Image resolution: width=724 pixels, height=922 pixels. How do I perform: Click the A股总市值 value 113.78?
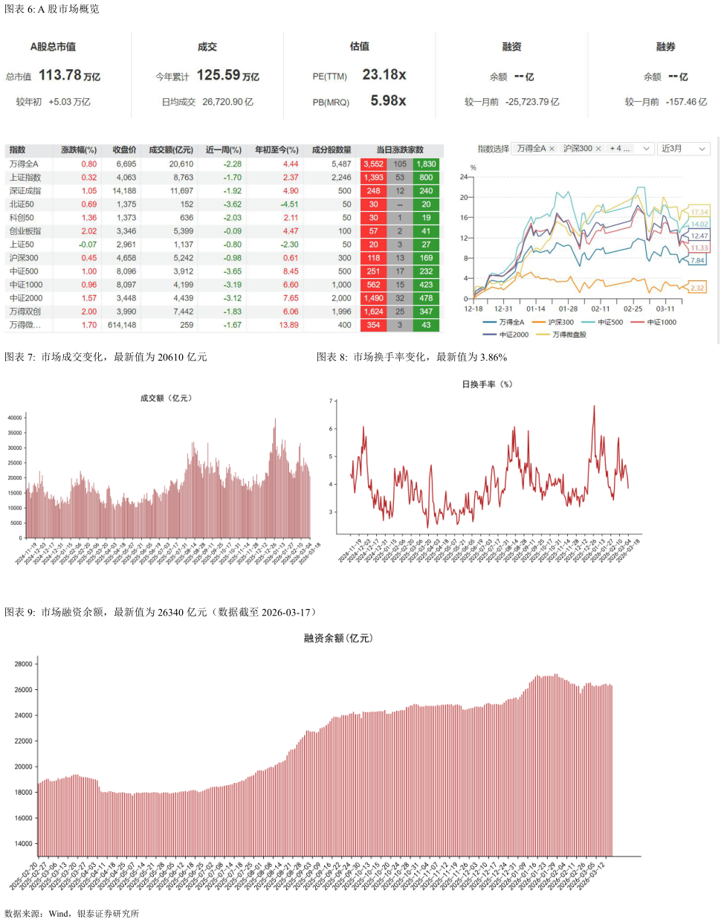60,75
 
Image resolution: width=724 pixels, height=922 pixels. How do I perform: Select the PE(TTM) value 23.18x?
384,75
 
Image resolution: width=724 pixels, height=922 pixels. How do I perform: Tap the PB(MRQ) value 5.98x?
388,100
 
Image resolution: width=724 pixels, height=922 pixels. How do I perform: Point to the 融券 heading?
665,47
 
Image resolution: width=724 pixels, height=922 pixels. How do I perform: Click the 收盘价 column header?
124,149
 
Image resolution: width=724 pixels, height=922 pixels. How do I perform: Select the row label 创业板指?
25,231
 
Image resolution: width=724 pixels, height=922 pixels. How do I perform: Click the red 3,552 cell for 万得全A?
373,164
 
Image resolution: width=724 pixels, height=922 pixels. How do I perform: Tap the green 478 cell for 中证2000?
426,298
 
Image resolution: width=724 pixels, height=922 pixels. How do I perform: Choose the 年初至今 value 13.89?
288,325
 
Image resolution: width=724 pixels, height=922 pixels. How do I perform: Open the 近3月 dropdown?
683,149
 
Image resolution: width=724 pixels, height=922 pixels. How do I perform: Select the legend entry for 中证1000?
661,323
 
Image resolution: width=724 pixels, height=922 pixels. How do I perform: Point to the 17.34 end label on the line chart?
699,212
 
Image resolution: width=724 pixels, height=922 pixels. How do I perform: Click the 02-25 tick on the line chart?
633,309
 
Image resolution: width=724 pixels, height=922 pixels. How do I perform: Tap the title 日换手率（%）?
487,384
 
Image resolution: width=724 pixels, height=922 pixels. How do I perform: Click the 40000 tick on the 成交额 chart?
15,418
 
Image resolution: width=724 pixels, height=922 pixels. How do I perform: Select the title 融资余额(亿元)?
338,638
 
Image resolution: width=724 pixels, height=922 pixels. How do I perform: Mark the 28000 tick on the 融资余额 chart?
24,664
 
